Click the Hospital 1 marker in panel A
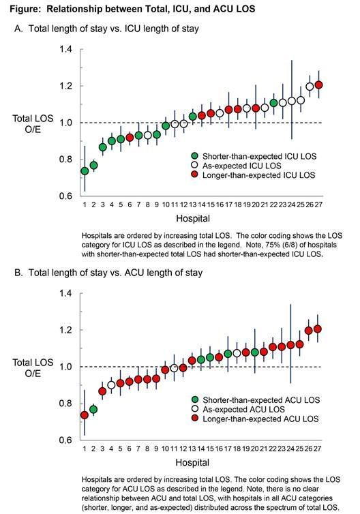pyautogui.click(x=85, y=171)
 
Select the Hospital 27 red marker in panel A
pyautogui.click(x=318, y=85)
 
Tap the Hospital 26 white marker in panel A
pyautogui.click(x=310, y=87)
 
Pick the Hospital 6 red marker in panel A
pyautogui.click(x=130, y=137)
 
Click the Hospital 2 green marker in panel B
pyautogui.click(x=93, y=410)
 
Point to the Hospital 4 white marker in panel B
pyautogui.click(x=111, y=385)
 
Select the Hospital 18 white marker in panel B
pyautogui.click(x=237, y=353)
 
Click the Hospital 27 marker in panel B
pyautogui.click(x=317, y=329)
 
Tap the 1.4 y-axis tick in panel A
pyautogui.click(x=65, y=49)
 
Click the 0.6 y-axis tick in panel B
pyautogui.click(x=65, y=440)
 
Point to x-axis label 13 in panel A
pyautogui.click(x=193, y=205)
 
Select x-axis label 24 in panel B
pyautogui.click(x=290, y=449)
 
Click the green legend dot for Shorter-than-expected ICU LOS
pyautogui.click(x=195, y=156)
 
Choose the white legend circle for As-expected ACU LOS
pyautogui.click(x=195, y=409)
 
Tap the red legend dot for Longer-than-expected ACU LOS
pyautogui.click(x=195, y=419)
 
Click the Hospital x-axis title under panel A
pyautogui.click(x=193, y=218)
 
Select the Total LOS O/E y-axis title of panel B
pyautogui.click(x=33, y=368)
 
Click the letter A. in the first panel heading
pyautogui.click(x=18, y=29)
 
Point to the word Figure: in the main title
pyautogui.click(x=26, y=9)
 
